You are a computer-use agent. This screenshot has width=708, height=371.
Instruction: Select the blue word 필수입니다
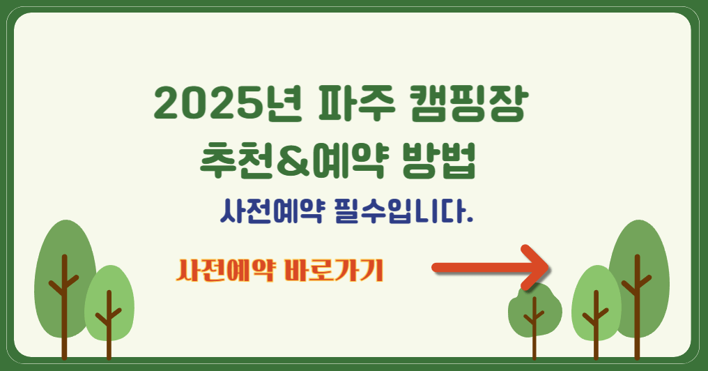click(397, 211)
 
